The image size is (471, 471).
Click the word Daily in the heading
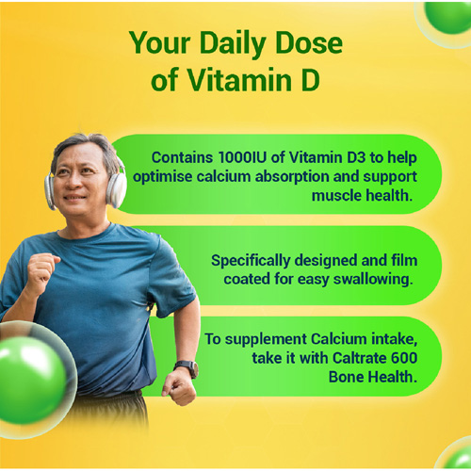point(233,44)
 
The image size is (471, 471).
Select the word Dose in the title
point(309,42)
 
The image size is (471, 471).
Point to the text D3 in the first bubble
point(356,157)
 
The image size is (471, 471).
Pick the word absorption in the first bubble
point(292,177)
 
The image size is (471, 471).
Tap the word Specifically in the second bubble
point(251,261)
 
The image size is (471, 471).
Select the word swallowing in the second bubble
point(373,279)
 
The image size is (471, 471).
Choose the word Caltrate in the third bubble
point(360,358)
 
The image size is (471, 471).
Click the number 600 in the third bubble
point(404,358)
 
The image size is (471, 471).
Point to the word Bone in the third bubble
point(347,377)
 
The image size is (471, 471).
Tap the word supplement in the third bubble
point(266,340)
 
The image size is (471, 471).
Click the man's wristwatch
point(187,367)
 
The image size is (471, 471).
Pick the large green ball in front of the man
point(31,380)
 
